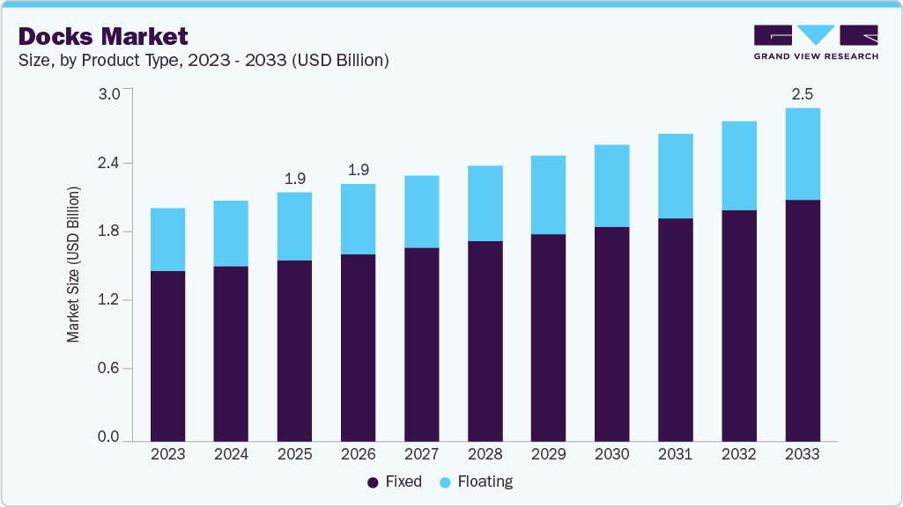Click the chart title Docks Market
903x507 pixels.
point(103,36)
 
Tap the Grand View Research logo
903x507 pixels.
point(816,41)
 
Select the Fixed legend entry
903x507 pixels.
point(395,482)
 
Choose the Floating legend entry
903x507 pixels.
point(476,482)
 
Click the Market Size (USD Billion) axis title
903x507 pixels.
point(74,265)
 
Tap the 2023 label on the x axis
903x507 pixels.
point(167,455)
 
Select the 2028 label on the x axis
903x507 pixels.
point(485,455)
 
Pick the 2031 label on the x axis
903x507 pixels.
point(675,455)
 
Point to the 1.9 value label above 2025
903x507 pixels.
point(294,179)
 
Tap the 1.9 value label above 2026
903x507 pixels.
point(358,170)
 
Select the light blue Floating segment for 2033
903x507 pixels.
point(802,154)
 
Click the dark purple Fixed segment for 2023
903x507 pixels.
point(167,356)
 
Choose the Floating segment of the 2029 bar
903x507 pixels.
point(548,195)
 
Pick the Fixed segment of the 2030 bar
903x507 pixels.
point(611,334)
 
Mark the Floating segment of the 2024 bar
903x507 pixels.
point(231,233)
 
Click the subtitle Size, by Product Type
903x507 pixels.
point(204,61)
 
